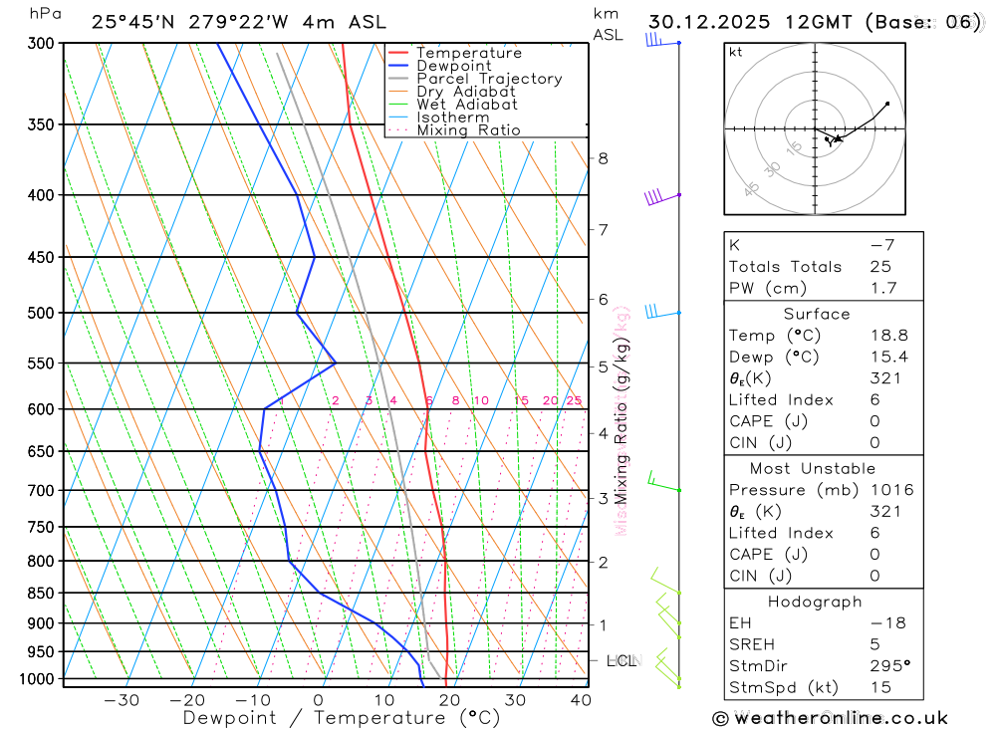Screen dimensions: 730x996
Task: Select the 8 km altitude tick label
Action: coord(603,158)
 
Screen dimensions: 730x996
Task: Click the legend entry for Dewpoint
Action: coord(454,66)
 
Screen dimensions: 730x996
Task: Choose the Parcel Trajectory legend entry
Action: coord(488,79)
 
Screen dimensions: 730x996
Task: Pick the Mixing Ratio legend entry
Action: coord(468,130)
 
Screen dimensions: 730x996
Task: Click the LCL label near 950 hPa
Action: coord(622,660)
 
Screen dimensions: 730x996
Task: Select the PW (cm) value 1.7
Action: coord(882,289)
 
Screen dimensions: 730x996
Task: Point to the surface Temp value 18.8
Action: coord(888,336)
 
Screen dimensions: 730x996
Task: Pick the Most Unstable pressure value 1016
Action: coord(890,490)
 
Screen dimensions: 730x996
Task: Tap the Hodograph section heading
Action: coord(816,603)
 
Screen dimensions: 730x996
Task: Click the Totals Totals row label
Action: coord(785,267)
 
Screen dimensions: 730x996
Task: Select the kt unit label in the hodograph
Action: coord(736,52)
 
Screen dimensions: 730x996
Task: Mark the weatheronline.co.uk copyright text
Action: coord(830,718)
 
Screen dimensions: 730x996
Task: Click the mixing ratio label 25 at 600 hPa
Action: coord(574,400)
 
